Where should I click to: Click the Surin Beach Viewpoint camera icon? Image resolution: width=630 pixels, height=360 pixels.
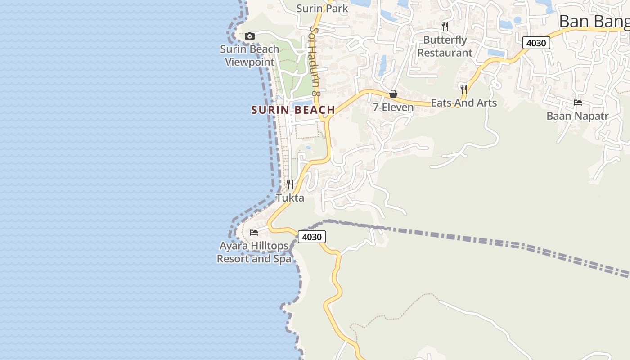click(249, 36)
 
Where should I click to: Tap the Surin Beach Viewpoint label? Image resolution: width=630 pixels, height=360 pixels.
click(249, 55)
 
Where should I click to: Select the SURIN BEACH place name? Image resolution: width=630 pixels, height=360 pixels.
click(293, 110)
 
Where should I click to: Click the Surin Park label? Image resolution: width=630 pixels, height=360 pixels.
click(322, 8)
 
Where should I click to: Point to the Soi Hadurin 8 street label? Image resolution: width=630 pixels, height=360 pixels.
click(315, 61)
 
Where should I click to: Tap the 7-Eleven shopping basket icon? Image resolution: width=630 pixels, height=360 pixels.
click(393, 94)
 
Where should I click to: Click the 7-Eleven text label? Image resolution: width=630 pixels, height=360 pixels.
click(393, 107)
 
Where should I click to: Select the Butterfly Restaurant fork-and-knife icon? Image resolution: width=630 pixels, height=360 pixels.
click(445, 27)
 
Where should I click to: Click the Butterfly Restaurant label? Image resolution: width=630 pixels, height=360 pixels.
click(445, 46)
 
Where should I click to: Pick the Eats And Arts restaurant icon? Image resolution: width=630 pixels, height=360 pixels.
click(464, 89)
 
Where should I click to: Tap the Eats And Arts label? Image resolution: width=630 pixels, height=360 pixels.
click(464, 103)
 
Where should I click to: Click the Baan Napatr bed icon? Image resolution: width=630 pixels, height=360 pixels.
click(578, 103)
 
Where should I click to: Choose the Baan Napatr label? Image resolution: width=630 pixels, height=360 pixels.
click(577, 116)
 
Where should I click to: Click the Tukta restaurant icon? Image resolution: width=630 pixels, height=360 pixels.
click(290, 184)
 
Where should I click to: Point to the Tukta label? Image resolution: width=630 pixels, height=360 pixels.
click(290, 198)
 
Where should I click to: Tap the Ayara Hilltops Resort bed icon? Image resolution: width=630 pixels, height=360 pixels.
click(254, 233)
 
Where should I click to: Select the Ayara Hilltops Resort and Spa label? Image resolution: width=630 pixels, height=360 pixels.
click(254, 252)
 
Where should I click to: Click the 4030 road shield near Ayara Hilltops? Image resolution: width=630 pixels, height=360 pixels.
click(311, 237)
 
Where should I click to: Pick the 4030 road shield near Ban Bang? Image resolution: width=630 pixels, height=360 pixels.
click(536, 43)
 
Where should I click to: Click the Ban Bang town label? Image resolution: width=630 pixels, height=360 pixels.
click(594, 21)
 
